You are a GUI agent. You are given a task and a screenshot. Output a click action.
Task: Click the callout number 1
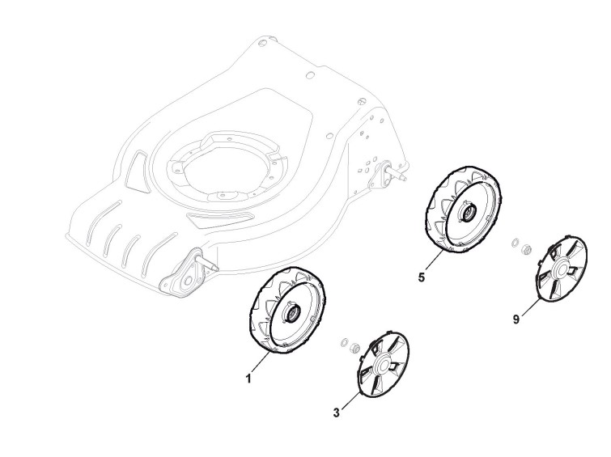(x=249, y=378)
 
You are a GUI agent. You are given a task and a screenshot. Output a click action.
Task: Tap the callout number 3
(x=337, y=413)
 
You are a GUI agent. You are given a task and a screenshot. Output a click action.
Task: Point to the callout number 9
(x=516, y=319)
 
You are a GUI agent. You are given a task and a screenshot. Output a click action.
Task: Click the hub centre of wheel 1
(x=289, y=310)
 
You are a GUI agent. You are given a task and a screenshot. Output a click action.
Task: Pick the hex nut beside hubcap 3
(x=354, y=347)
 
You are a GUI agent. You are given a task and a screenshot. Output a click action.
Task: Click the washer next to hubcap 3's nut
(x=343, y=341)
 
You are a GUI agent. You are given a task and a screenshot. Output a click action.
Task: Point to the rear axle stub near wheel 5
(x=397, y=170)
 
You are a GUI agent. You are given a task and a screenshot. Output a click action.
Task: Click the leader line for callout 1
(x=262, y=363)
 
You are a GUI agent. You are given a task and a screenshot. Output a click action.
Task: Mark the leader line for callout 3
(x=348, y=402)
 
